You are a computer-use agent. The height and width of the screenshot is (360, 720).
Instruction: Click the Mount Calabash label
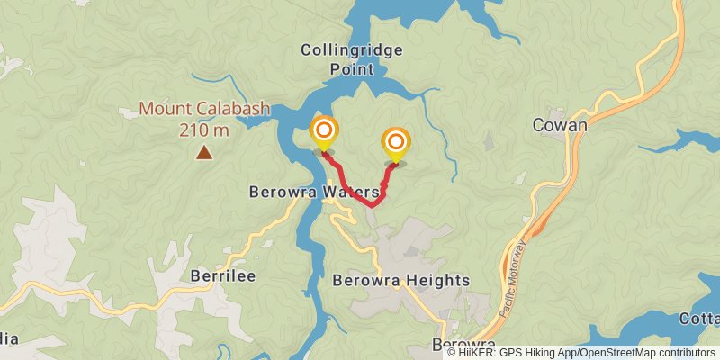click(x=204, y=110)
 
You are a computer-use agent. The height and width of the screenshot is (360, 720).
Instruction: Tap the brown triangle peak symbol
click(x=205, y=153)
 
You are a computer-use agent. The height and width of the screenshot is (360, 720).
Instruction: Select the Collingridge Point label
click(x=352, y=59)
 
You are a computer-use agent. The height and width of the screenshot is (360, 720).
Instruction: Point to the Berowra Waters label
click(x=312, y=192)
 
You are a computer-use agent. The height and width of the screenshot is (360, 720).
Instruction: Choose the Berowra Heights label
click(x=401, y=280)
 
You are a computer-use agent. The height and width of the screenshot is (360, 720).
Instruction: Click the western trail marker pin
click(x=324, y=133)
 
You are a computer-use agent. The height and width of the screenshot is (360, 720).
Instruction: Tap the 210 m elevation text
click(x=204, y=130)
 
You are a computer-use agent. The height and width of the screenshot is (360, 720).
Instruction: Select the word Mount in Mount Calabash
click(x=162, y=110)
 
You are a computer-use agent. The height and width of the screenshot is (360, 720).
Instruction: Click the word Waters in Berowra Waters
click(x=346, y=192)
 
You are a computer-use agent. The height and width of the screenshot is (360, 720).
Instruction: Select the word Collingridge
click(x=352, y=49)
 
